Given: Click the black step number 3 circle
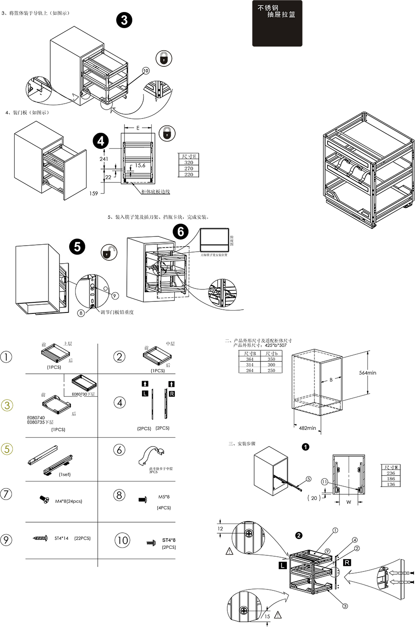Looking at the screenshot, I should [124, 20].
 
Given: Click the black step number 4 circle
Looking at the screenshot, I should [101, 141].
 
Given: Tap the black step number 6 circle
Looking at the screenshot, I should [180, 231].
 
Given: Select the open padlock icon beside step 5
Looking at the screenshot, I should [109, 252].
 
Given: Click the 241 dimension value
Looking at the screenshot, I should [104, 159].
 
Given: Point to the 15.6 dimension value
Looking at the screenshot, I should [140, 165].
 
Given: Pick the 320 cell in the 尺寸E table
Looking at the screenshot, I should [188, 163].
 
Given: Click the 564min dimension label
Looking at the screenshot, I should [368, 373].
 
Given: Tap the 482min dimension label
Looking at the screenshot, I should [307, 428].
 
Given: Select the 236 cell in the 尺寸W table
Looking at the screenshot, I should [391, 473].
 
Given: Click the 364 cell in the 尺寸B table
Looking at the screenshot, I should [249, 359].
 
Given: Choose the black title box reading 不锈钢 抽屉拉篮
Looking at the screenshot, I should [277, 24].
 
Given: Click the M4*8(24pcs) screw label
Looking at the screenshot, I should [69, 501].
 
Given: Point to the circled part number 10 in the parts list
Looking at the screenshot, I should [122, 540].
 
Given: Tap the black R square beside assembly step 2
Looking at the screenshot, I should [347, 563].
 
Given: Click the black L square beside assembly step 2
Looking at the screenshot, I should [282, 565].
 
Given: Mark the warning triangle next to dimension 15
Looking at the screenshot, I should [278, 615].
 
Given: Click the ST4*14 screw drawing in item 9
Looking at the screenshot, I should [40, 538].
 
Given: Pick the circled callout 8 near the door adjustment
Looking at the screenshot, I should [81, 313].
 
